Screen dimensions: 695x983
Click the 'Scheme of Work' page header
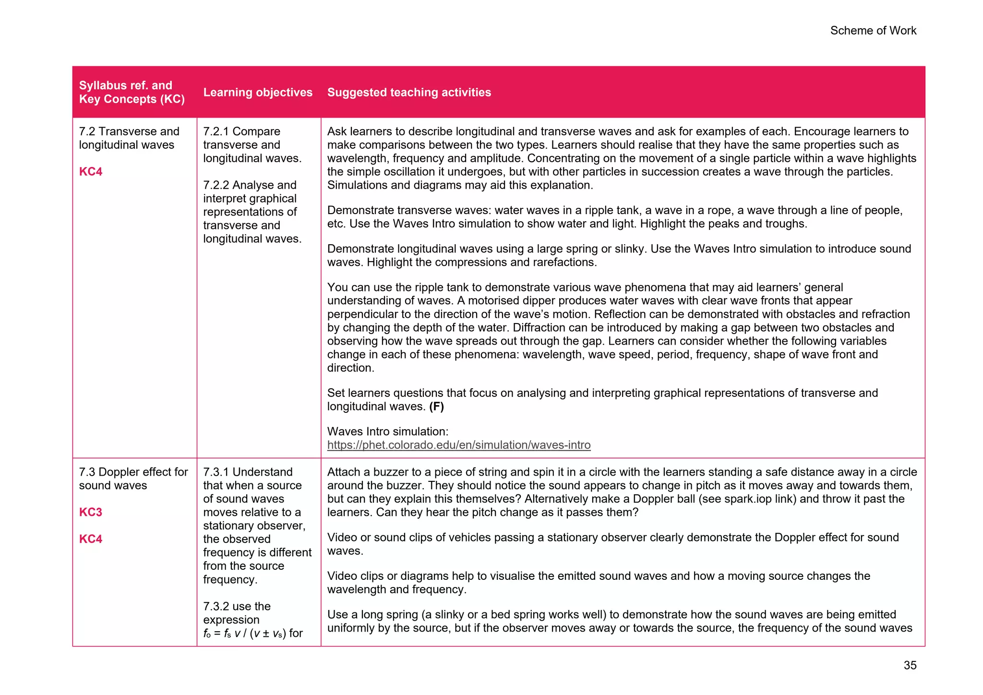(873, 31)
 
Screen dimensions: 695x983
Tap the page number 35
(910, 665)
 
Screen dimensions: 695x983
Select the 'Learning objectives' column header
(258, 92)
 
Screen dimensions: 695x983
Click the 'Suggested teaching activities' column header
(409, 92)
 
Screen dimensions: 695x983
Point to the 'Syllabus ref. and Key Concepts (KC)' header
(132, 92)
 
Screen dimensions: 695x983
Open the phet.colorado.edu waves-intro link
(458, 445)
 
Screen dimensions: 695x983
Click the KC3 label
(91, 512)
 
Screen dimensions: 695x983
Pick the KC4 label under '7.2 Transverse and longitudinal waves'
(91, 172)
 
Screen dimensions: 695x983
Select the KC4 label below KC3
(91, 539)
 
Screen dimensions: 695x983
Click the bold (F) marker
(436, 407)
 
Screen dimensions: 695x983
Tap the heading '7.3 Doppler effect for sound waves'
(133, 479)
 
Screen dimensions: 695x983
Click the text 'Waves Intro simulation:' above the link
(387, 431)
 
